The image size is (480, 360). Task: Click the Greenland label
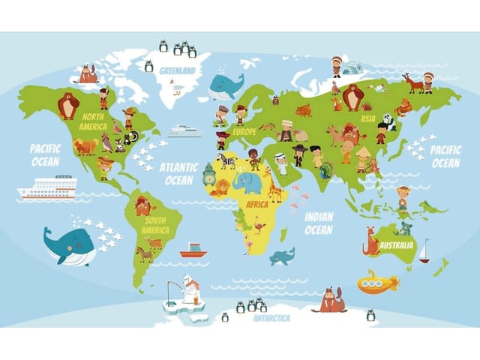tap(177, 71)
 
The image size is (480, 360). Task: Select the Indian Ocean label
tap(319, 223)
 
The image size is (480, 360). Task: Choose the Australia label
tap(396, 245)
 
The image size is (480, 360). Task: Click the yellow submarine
tap(376, 282)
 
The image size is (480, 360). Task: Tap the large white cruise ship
tap(47, 187)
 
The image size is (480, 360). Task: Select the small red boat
tap(193, 250)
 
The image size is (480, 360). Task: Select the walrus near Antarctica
tap(330, 301)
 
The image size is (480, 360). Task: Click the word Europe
tap(244, 132)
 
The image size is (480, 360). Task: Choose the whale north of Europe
tap(225, 86)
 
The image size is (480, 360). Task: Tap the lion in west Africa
tap(220, 187)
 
